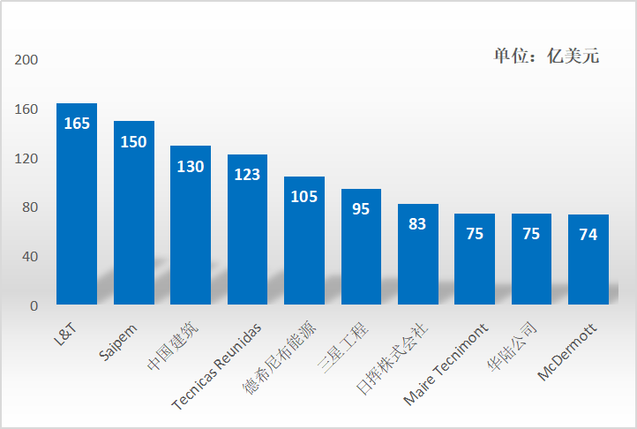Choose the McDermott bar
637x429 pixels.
click(588, 265)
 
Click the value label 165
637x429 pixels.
click(77, 124)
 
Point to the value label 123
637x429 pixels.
click(247, 174)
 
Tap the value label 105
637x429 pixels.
click(304, 196)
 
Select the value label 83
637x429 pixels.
click(417, 224)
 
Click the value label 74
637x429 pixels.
click(588, 235)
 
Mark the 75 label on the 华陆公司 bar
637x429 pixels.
click(531, 234)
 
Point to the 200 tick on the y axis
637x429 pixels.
click(26, 60)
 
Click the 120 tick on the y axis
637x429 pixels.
click(26, 159)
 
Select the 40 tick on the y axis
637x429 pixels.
click(30, 257)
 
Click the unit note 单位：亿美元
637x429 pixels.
click(546, 56)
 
